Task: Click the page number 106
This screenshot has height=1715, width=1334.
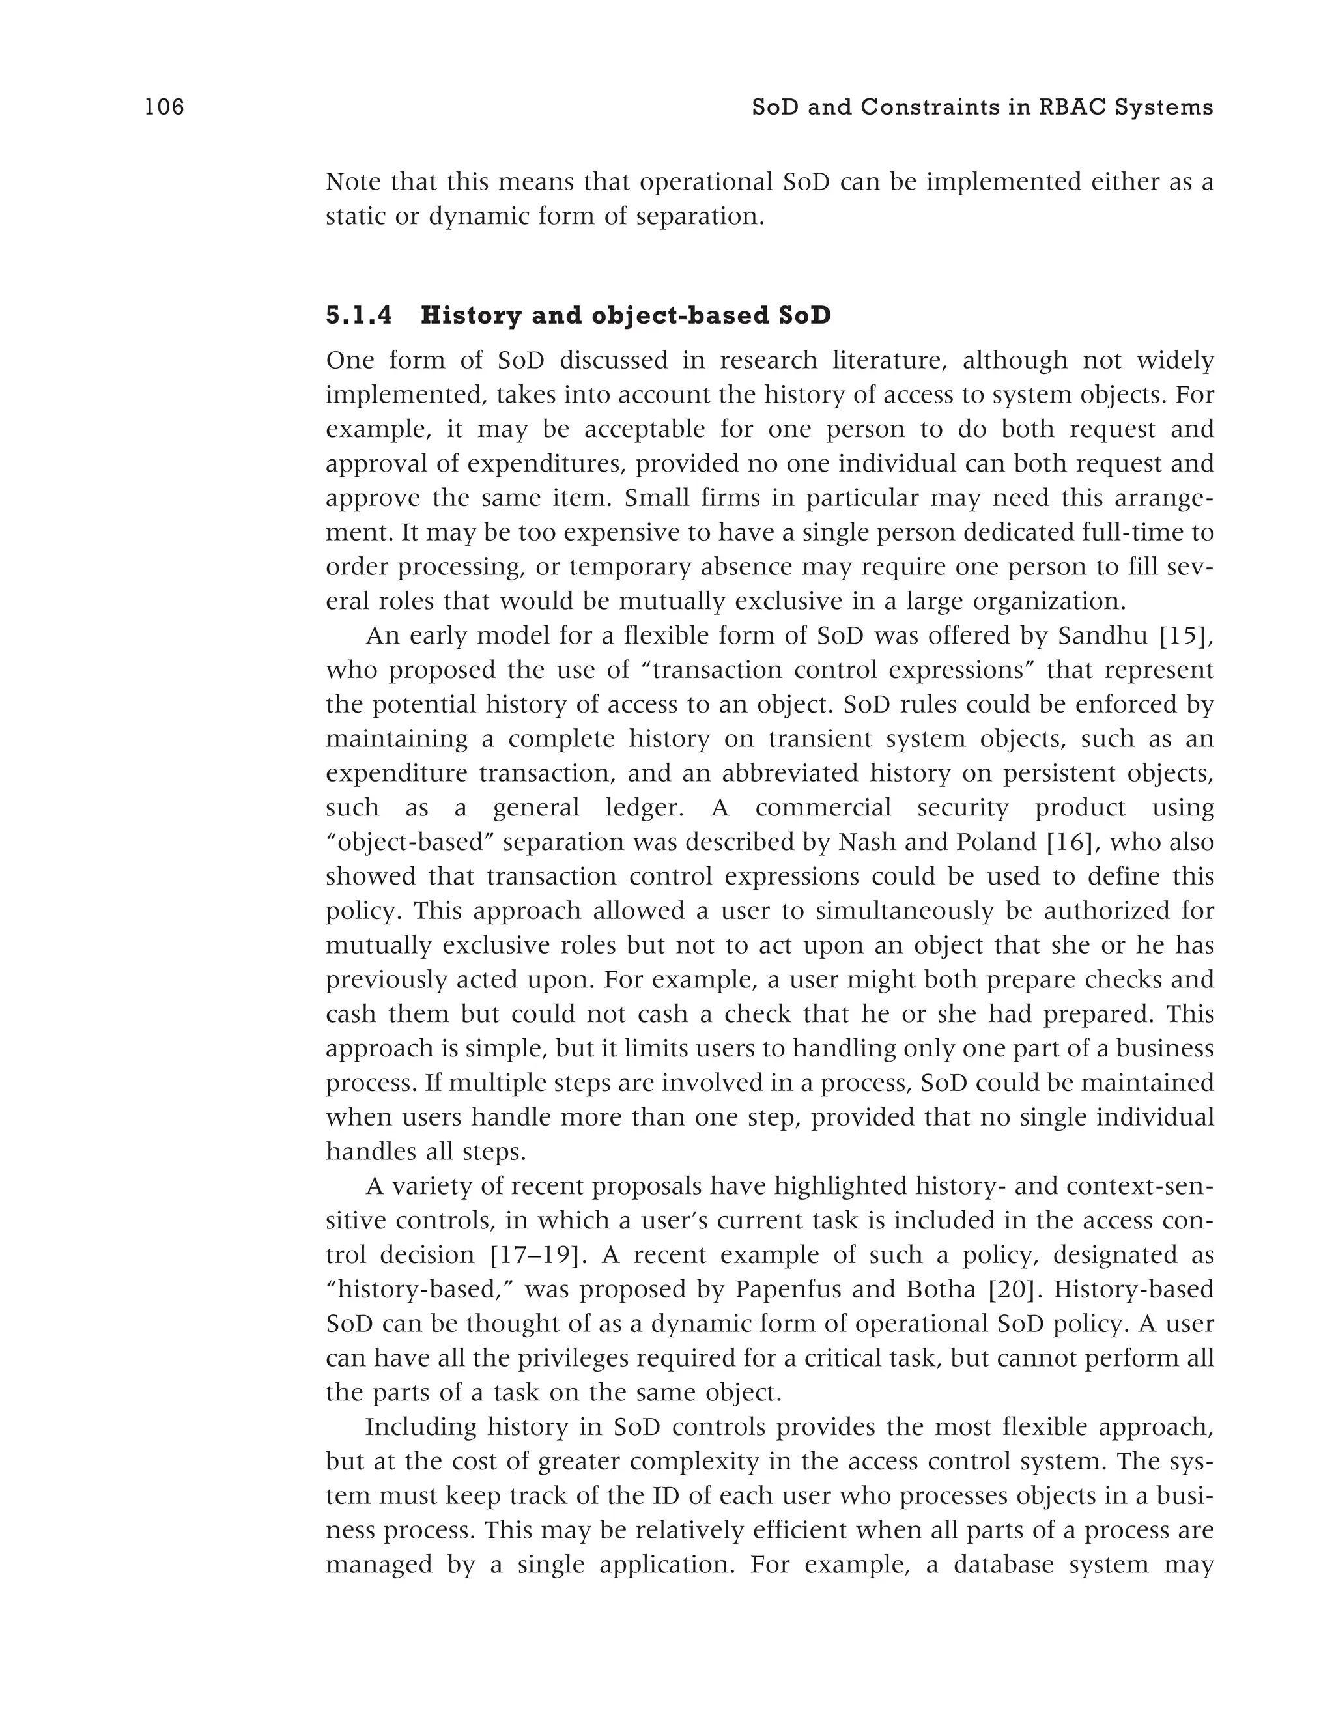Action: coord(164,107)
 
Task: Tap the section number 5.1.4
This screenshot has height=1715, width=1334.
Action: coord(358,316)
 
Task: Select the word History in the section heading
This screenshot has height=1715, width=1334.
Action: coord(471,316)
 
